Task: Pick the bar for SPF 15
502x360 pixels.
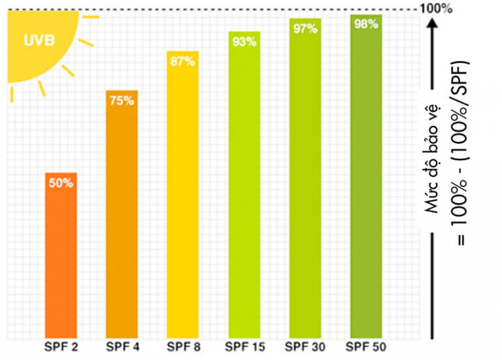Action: click(x=244, y=189)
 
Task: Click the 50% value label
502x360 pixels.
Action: click(x=61, y=184)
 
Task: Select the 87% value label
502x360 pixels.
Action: click(x=183, y=61)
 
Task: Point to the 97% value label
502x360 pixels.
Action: click(x=305, y=29)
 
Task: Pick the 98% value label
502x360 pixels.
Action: click(x=365, y=25)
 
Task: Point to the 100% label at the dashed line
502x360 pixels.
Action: click(x=435, y=8)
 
